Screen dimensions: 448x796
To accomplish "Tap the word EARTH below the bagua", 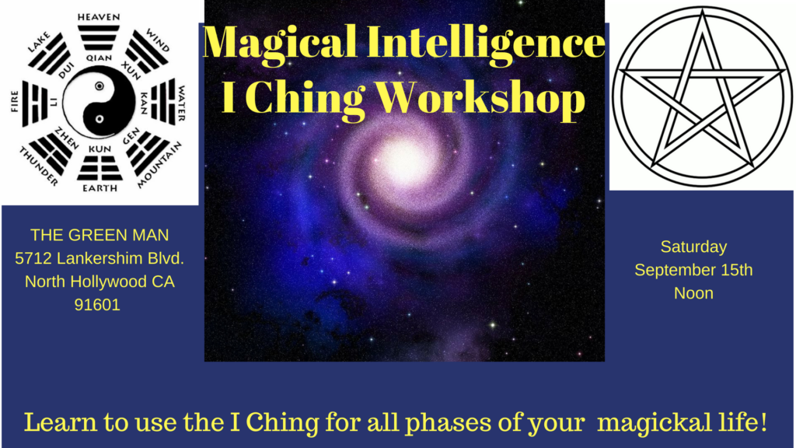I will coord(99,188).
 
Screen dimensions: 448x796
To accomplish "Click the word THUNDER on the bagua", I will coord(37,166).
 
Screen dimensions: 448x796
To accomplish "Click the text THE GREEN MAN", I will coord(99,234).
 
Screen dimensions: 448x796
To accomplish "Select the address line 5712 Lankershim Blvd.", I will coord(99,257).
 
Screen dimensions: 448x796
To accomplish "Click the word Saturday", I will coord(693,247).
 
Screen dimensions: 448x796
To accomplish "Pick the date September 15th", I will coord(693,271).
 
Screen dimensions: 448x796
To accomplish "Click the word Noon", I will coord(693,294).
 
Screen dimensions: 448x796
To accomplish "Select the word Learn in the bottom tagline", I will coord(53,424).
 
